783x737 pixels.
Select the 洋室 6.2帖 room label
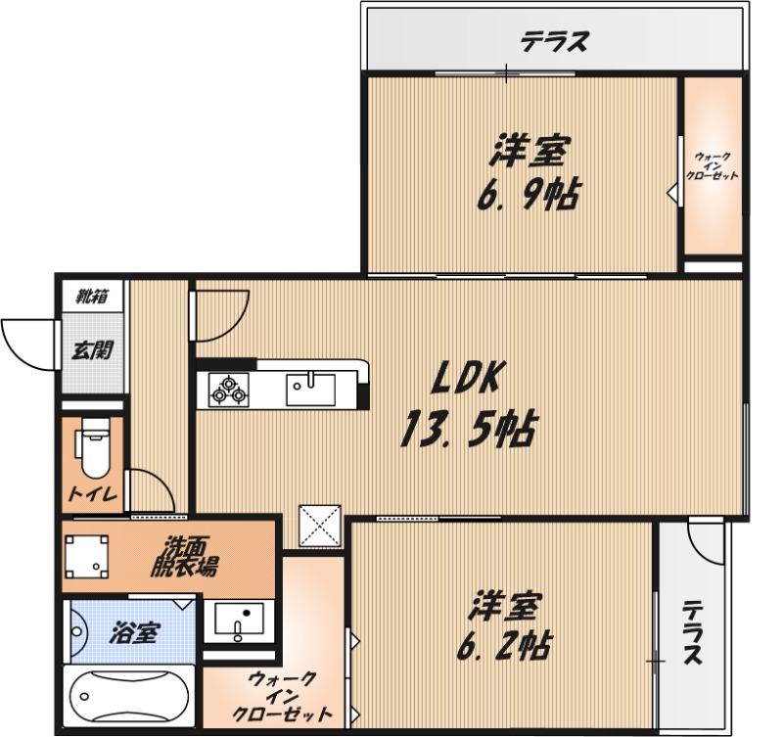(505, 625)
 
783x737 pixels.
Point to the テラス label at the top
(554, 41)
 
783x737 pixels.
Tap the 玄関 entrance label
(94, 349)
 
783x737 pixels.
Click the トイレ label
(92, 495)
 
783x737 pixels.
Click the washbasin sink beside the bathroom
(238, 621)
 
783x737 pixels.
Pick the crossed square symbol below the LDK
(320, 527)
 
